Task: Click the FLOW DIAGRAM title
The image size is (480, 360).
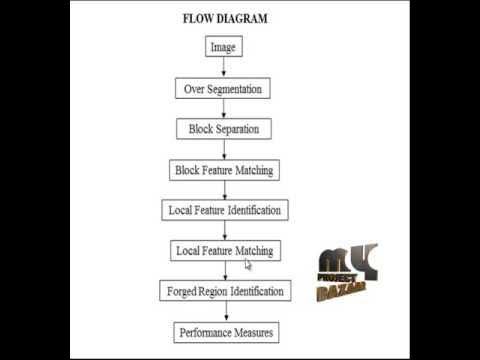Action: click(x=225, y=18)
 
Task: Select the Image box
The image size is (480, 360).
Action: click(x=224, y=47)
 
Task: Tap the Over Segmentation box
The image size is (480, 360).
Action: click(x=223, y=89)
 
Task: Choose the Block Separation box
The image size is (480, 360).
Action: click(x=224, y=129)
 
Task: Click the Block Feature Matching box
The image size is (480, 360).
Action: click(x=223, y=170)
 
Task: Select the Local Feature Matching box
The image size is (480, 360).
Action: click(x=223, y=250)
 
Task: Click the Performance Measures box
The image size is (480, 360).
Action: click(x=225, y=331)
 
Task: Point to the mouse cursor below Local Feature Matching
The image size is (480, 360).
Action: click(x=248, y=264)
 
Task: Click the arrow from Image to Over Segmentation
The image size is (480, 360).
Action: click(x=224, y=68)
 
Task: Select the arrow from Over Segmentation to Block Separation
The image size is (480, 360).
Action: click(x=224, y=109)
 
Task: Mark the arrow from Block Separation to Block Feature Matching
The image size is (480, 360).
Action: click(x=224, y=149)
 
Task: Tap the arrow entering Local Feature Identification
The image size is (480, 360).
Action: click(x=224, y=191)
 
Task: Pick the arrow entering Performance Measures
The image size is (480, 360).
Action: click(x=224, y=311)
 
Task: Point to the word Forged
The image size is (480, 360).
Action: click(x=182, y=291)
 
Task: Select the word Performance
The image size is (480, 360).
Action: click(x=206, y=331)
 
